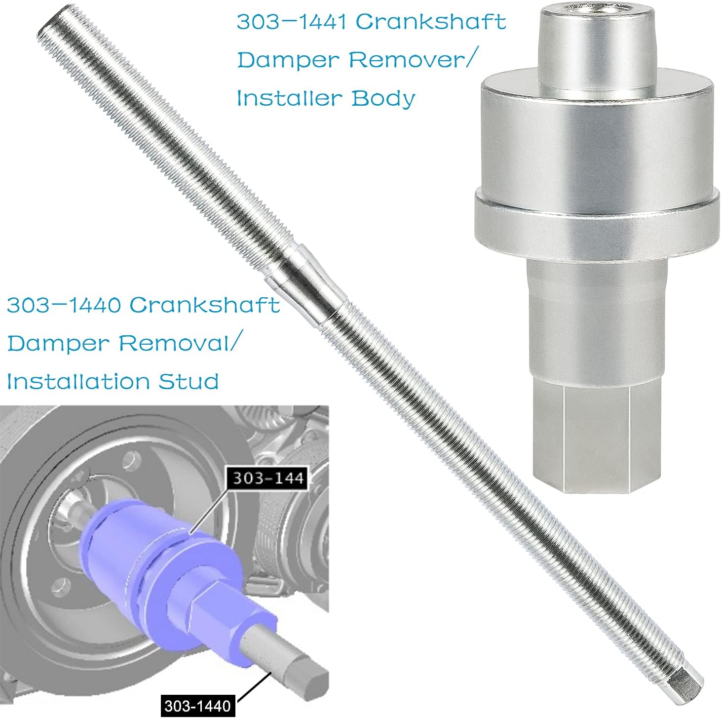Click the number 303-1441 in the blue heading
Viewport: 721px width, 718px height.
click(292, 22)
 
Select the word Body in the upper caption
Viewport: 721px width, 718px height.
click(383, 99)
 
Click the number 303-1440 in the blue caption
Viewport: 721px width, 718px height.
click(64, 305)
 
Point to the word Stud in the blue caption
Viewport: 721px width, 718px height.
click(188, 381)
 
